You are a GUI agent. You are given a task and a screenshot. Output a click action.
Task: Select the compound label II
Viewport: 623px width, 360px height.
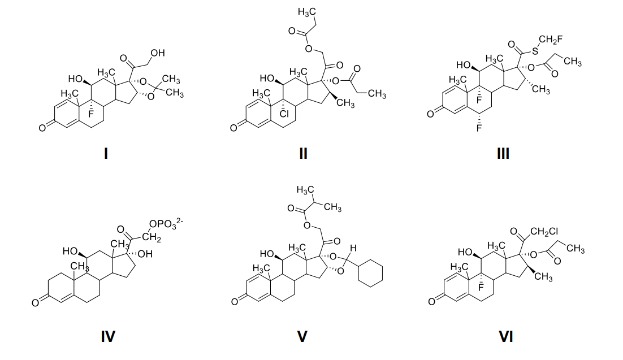(x=303, y=153)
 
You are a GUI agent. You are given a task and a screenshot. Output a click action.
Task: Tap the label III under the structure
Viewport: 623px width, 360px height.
(x=503, y=153)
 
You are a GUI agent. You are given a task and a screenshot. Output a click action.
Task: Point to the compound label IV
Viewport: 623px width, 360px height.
(x=107, y=337)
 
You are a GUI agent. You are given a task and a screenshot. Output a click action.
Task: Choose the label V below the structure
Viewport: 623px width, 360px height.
(x=302, y=337)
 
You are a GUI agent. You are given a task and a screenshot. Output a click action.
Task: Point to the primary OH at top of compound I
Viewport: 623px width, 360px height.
(x=157, y=53)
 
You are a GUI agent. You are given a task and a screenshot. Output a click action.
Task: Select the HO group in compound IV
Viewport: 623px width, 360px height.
(x=70, y=251)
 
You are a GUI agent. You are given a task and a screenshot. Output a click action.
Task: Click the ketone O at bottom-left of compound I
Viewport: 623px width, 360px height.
(x=42, y=129)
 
